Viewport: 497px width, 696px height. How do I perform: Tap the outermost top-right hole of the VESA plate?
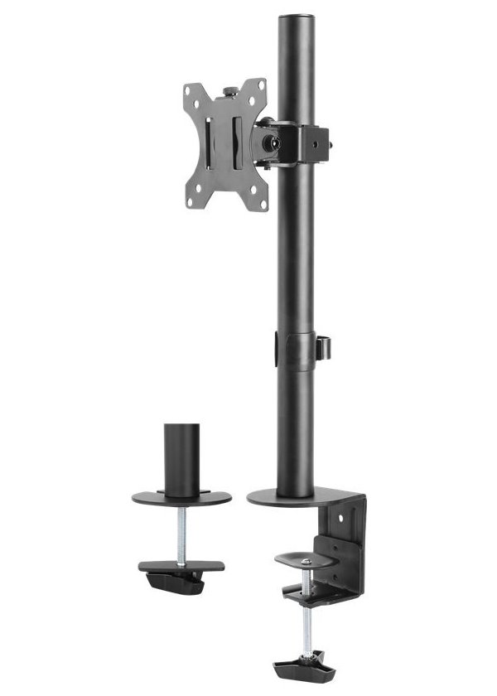point(263,85)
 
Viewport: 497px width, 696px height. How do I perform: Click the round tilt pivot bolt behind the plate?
point(269,140)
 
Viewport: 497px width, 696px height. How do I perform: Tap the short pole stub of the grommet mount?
point(181,459)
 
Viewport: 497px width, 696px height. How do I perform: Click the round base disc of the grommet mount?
point(181,499)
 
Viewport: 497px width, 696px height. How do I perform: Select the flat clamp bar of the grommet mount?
point(181,568)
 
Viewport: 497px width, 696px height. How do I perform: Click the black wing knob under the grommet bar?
point(174,583)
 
